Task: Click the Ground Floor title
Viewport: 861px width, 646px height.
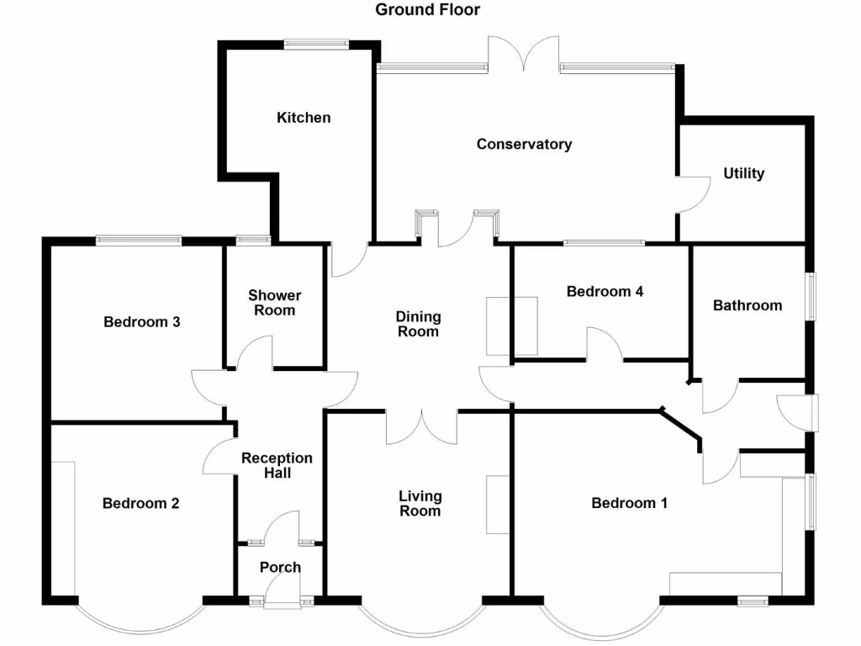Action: click(x=427, y=10)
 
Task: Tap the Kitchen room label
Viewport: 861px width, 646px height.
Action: click(x=304, y=118)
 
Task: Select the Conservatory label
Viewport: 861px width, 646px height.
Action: click(x=524, y=144)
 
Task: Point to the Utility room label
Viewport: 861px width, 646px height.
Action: click(x=744, y=173)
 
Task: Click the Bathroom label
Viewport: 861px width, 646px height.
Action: click(x=747, y=305)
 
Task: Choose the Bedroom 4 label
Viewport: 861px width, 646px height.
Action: click(x=605, y=292)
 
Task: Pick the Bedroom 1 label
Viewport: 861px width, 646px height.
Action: click(x=629, y=503)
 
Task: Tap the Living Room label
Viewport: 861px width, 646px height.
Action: click(x=420, y=504)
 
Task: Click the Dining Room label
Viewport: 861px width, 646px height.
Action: click(x=419, y=324)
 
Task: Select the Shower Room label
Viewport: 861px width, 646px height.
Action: click(x=274, y=303)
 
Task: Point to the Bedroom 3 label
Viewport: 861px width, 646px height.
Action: click(x=141, y=321)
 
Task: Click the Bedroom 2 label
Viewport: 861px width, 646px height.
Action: click(x=140, y=503)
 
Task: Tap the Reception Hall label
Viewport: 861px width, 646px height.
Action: click(x=277, y=465)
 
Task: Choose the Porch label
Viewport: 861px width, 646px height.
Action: click(x=280, y=567)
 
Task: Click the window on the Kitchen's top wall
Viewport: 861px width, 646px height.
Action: click(x=316, y=45)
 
